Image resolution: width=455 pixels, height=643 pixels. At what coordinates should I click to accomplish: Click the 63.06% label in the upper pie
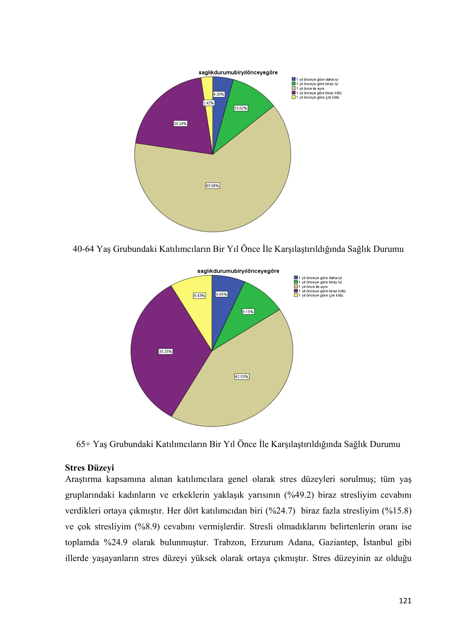(212, 186)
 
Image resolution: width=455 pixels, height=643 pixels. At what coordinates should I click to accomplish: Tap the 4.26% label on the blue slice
(218, 94)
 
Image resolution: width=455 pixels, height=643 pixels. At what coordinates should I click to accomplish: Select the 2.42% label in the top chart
(209, 103)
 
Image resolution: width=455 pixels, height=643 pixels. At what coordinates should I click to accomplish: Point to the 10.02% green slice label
(241, 108)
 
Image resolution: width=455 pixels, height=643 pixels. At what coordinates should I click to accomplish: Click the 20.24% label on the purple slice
(180, 123)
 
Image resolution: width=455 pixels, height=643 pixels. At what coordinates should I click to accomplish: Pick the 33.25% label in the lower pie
(165, 352)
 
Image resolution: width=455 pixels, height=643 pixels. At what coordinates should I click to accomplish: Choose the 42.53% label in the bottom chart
(242, 377)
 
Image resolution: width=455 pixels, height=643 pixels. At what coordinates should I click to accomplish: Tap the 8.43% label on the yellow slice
(199, 296)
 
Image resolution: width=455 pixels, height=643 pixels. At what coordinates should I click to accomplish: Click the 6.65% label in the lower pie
(221, 294)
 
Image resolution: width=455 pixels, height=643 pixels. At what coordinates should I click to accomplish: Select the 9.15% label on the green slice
(248, 312)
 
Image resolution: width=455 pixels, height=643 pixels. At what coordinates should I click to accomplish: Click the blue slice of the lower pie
(224, 308)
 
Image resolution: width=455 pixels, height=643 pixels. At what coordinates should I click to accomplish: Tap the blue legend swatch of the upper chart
(293, 79)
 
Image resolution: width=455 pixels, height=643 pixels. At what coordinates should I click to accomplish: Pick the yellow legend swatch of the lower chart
(295, 295)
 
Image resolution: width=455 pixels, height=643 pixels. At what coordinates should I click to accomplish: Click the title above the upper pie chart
(238, 73)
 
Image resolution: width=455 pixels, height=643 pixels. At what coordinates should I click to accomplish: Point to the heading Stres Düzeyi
(89, 468)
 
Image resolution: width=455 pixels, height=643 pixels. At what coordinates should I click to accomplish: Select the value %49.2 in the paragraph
(299, 495)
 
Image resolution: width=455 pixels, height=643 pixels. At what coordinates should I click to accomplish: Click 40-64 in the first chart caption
(83, 249)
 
